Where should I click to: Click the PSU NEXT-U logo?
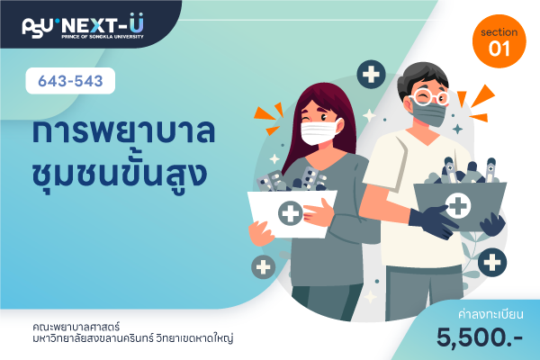[x=83, y=26]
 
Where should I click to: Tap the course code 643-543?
[x=70, y=81]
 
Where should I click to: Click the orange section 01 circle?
[x=499, y=41]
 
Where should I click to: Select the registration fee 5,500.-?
[x=480, y=337]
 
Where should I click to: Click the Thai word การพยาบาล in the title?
[x=123, y=132]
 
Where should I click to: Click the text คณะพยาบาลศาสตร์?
[x=76, y=326]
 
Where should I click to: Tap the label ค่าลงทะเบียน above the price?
[x=490, y=314]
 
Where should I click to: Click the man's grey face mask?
[x=428, y=113]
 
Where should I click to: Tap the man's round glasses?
[x=430, y=97]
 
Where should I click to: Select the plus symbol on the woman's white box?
[x=291, y=213]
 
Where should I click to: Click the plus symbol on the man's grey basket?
[x=458, y=206]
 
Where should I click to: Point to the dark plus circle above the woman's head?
[x=371, y=75]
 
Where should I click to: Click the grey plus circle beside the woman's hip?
[x=264, y=267]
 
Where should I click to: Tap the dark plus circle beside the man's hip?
[x=492, y=263]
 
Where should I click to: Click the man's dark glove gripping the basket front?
[x=433, y=222]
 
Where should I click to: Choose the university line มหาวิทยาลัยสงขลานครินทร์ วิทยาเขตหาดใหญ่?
[x=132, y=338]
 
